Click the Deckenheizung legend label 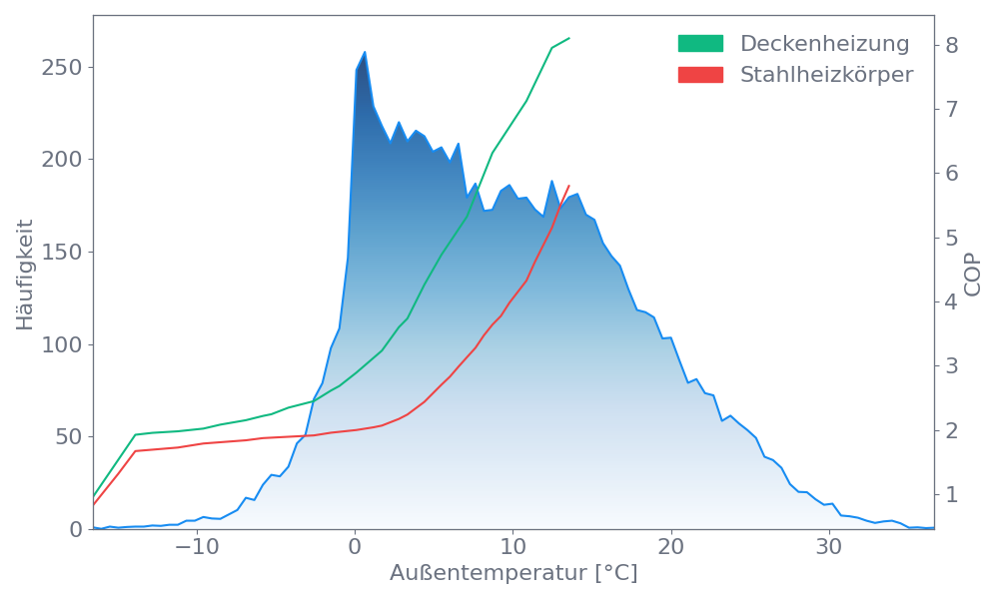point(824,44)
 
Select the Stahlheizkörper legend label point(826,75)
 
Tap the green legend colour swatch point(700,44)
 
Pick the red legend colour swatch point(700,75)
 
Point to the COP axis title point(973,274)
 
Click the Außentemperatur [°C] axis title point(513,574)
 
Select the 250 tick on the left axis point(62,68)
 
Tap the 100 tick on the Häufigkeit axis point(62,345)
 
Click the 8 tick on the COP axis point(952,45)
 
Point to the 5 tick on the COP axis point(952,238)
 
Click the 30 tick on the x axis point(829,548)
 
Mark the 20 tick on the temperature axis point(671,548)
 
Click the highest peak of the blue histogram point(365,52)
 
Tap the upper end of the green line point(569,38)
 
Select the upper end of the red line point(569,185)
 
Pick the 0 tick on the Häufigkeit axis point(76,530)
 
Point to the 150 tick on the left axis point(62,253)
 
